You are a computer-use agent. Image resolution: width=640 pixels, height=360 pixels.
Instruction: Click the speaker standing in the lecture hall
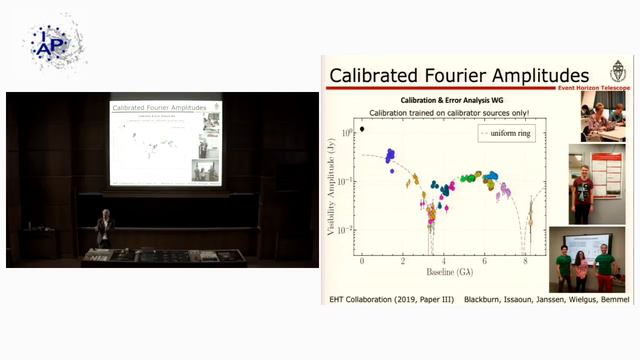[104, 229]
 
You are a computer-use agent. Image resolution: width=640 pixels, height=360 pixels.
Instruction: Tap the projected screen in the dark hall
[166, 141]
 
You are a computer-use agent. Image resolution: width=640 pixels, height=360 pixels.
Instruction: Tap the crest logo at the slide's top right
[617, 71]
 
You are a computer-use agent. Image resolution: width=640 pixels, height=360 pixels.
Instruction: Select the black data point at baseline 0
[362, 128]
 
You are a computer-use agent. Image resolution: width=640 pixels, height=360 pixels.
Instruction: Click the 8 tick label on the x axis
[526, 260]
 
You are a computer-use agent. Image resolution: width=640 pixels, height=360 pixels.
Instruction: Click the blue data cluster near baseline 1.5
[390, 155]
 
